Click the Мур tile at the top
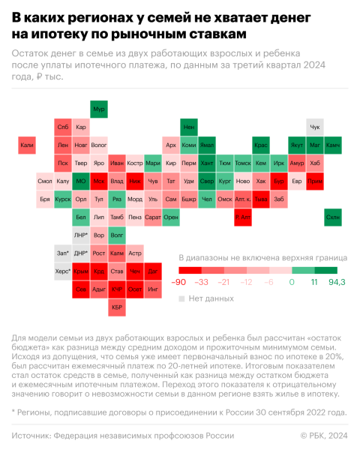pos(99,109)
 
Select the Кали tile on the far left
pos(27,145)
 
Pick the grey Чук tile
pos(316,127)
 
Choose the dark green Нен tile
pos(189,127)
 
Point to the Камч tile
pos(334,145)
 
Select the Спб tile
pos(63,127)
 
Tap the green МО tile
pos(81,181)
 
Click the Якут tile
pos(298,145)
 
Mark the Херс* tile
pos(63,271)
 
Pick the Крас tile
pos(261,145)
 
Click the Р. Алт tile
pos(243,217)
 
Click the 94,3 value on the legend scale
pos(337,282)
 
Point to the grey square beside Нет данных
pos(181,298)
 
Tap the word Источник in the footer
pos(34,435)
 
